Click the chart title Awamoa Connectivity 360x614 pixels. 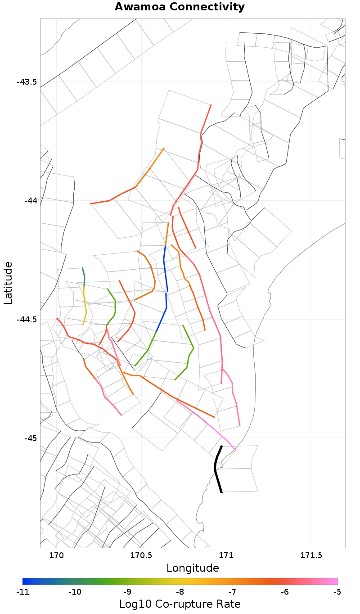[x=180, y=7]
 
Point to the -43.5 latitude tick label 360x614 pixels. [x=27, y=82]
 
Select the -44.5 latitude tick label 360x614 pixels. [x=27, y=319]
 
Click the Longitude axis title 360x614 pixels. [x=193, y=568]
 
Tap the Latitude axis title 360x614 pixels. [x=9, y=283]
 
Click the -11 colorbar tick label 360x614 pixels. [x=22, y=591]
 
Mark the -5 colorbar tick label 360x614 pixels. [x=337, y=591]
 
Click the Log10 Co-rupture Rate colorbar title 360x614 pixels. [x=180, y=604]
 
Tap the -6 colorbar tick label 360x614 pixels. [x=285, y=591]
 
